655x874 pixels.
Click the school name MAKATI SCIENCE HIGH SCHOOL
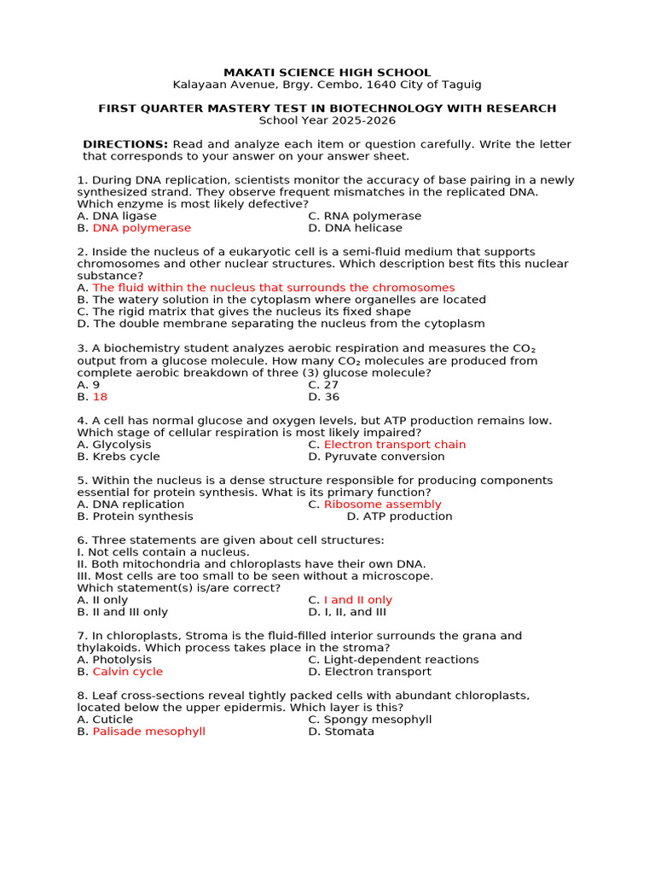pyautogui.click(x=327, y=73)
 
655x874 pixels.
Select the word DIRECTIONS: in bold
pyautogui.click(x=125, y=144)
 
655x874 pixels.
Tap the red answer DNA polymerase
pyautogui.click(x=142, y=228)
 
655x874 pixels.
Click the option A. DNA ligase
pyautogui.click(x=117, y=216)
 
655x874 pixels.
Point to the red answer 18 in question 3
pyautogui.click(x=100, y=397)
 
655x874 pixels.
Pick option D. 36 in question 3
pyautogui.click(x=323, y=397)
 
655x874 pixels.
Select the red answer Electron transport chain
pyautogui.click(x=394, y=445)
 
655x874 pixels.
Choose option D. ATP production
pyautogui.click(x=399, y=516)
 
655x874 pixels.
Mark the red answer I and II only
pyautogui.click(x=357, y=600)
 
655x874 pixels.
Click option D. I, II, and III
pyautogui.click(x=347, y=612)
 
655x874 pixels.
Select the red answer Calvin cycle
pyautogui.click(x=127, y=672)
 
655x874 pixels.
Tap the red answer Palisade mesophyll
pyautogui.click(x=148, y=731)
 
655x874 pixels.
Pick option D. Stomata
pyautogui.click(x=340, y=731)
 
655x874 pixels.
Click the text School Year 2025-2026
pyautogui.click(x=327, y=120)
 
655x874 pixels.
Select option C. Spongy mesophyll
pyautogui.click(x=369, y=720)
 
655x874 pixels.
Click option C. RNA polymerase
pyautogui.click(x=364, y=216)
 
